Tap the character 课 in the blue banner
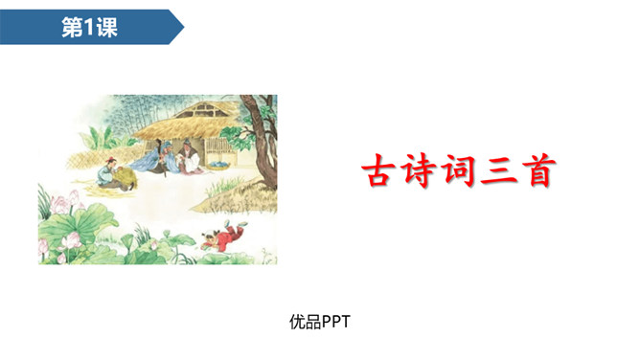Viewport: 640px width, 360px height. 105,27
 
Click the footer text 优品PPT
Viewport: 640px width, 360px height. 319,322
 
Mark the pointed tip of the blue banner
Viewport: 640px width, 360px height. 184,27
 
